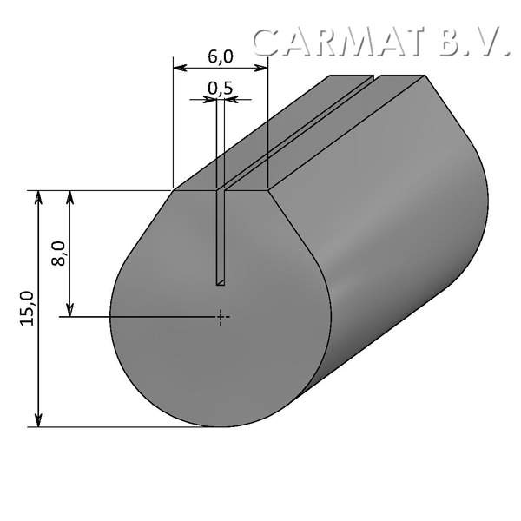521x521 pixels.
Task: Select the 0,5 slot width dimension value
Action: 221,88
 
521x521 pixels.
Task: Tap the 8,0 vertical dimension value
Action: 58,254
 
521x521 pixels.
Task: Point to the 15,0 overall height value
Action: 27,308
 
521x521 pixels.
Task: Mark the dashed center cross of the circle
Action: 222,317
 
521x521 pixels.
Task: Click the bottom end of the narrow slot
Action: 221,282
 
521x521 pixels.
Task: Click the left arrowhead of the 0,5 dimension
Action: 211,99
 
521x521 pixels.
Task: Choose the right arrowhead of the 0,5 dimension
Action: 230,99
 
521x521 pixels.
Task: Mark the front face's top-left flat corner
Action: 175,189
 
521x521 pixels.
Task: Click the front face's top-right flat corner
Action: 268,189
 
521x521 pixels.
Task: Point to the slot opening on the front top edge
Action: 221,189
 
